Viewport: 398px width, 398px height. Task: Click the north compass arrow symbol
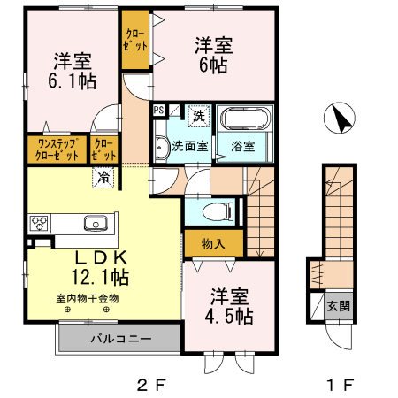[340, 117]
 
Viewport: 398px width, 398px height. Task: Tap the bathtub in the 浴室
[245, 121]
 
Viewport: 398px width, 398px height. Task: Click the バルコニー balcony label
[119, 339]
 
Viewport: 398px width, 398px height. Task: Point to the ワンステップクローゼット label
[57, 149]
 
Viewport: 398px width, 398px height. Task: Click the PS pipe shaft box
[159, 111]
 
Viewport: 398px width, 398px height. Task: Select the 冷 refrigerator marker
[104, 176]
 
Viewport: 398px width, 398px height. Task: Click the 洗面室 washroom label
[189, 146]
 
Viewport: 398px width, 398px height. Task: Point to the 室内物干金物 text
[87, 299]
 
